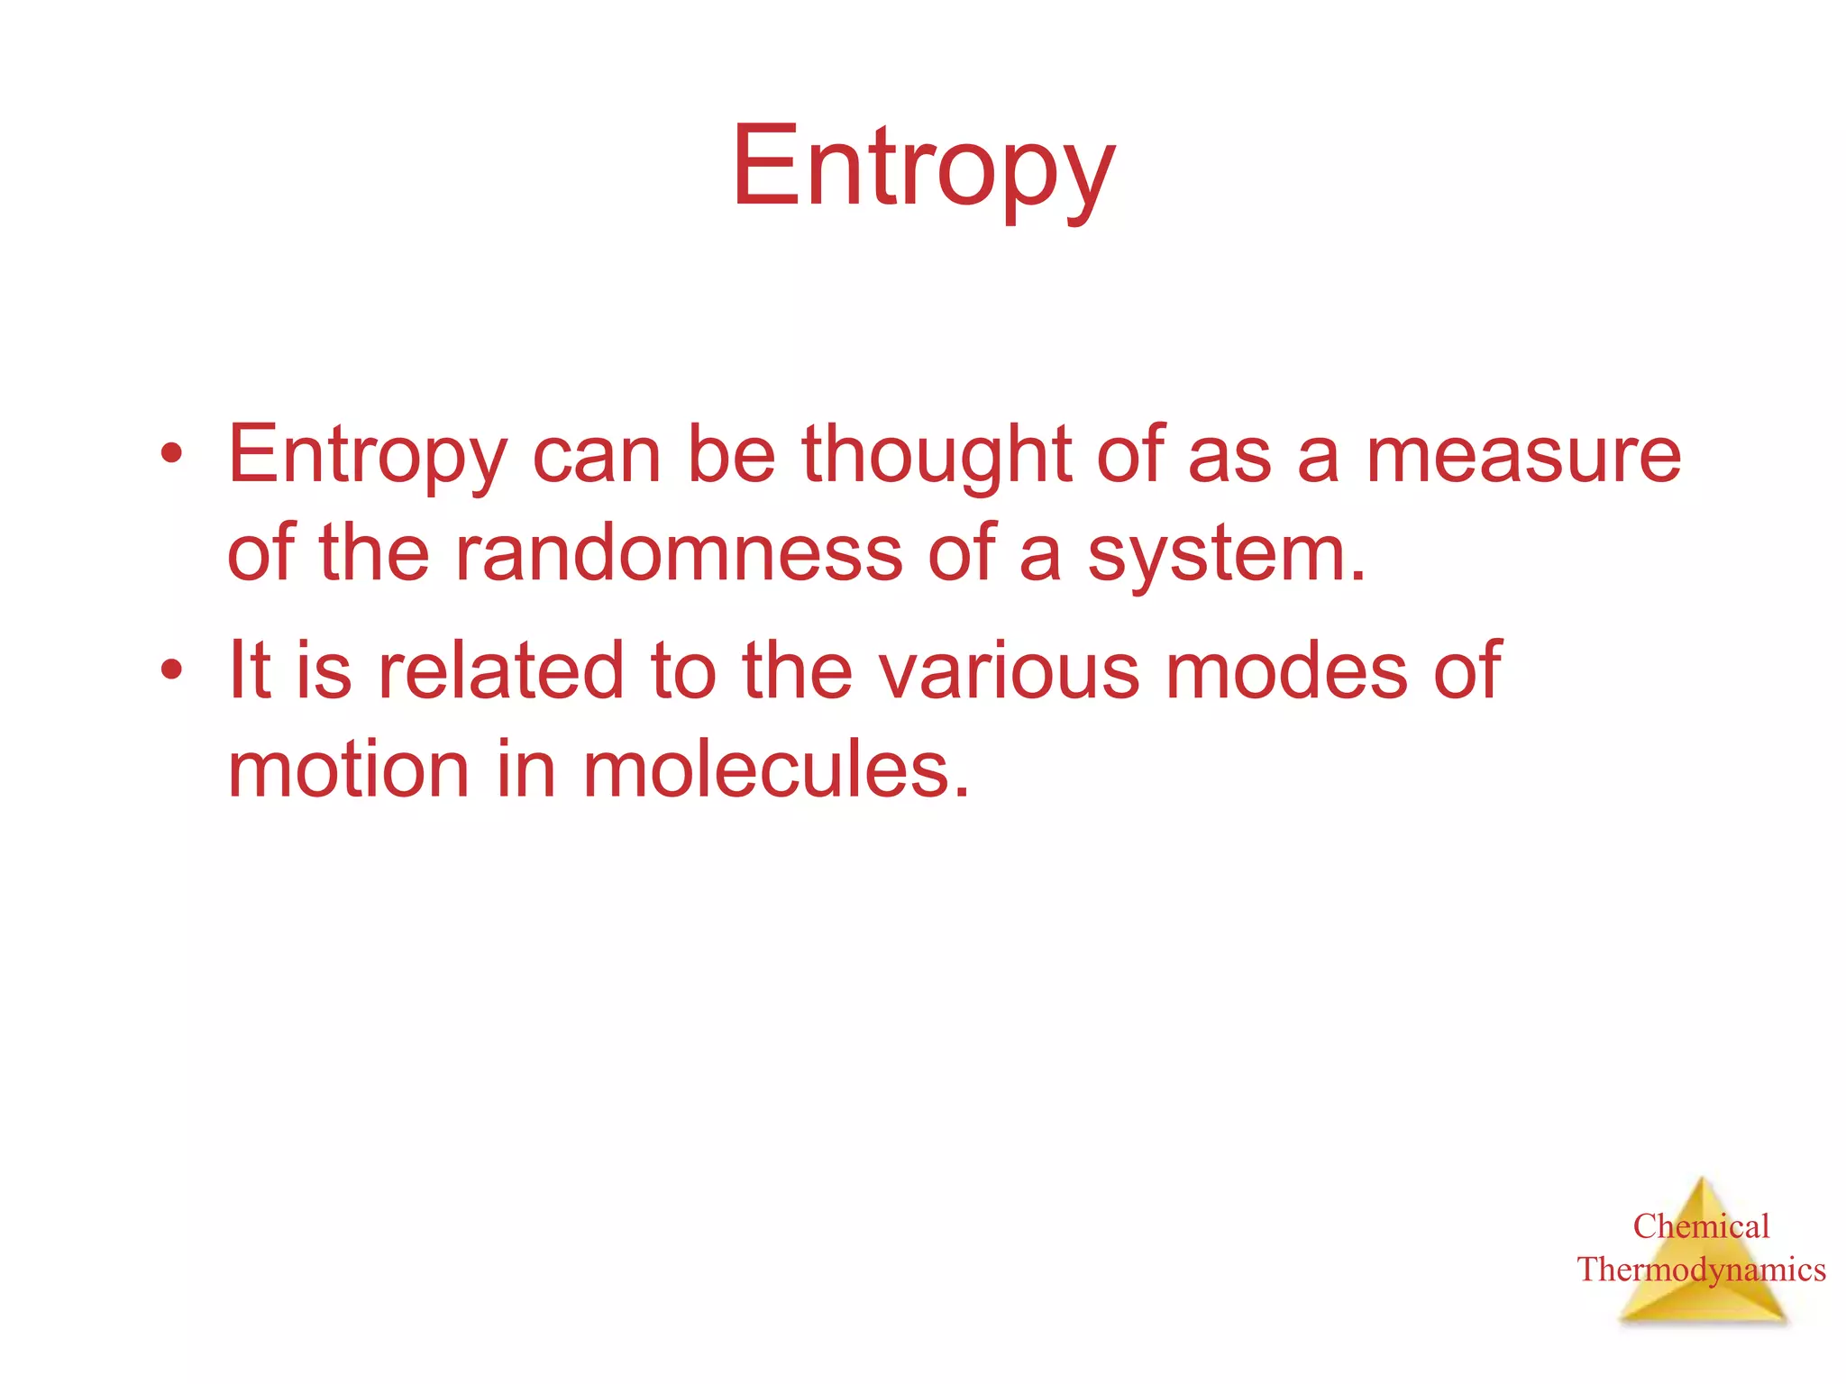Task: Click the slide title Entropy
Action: point(923,169)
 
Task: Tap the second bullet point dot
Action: point(171,669)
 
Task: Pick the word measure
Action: point(1523,455)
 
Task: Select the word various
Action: point(1009,671)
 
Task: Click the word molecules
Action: point(776,770)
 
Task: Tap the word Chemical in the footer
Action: point(1701,1226)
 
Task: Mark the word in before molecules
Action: point(525,770)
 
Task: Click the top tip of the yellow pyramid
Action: point(1702,1179)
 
